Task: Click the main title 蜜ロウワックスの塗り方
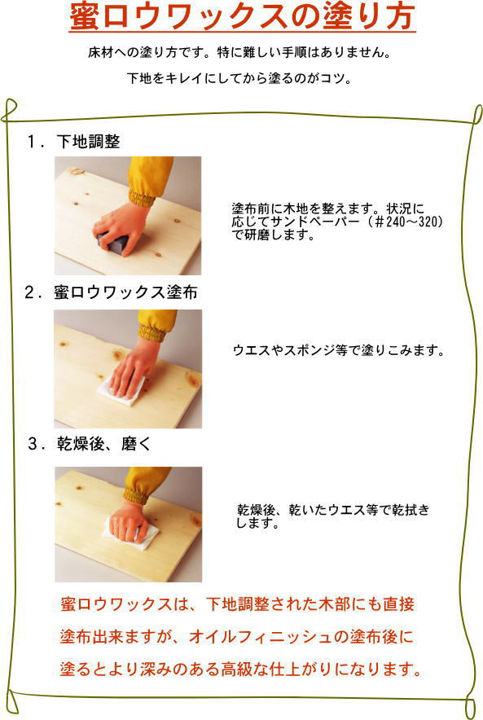click(242, 17)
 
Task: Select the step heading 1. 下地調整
click(73, 141)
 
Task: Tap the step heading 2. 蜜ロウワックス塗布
click(111, 292)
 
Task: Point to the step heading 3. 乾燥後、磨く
click(89, 444)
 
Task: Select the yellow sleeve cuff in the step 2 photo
click(151, 333)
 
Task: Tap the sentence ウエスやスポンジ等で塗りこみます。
click(339, 350)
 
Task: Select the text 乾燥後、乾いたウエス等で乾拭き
click(333, 509)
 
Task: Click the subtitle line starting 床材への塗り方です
click(239, 52)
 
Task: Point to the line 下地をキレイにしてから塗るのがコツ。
click(239, 77)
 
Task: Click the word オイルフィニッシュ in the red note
click(261, 636)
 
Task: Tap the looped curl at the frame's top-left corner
click(9, 110)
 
